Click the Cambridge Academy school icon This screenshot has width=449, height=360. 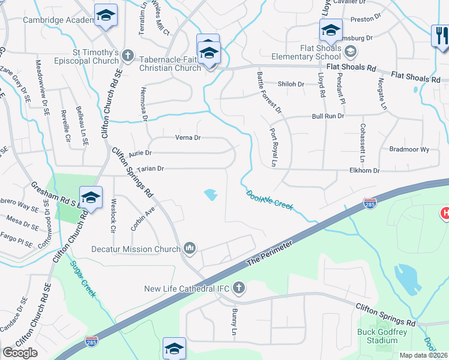tap(106, 16)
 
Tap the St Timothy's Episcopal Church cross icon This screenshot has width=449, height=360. tap(127, 56)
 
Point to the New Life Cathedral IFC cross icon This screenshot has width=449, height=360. tap(238, 289)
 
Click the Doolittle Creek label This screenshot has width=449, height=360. tap(270, 199)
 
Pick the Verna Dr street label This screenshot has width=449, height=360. tap(187, 137)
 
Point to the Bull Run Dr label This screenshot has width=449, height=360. tap(328, 116)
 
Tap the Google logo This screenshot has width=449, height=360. tap(20, 353)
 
